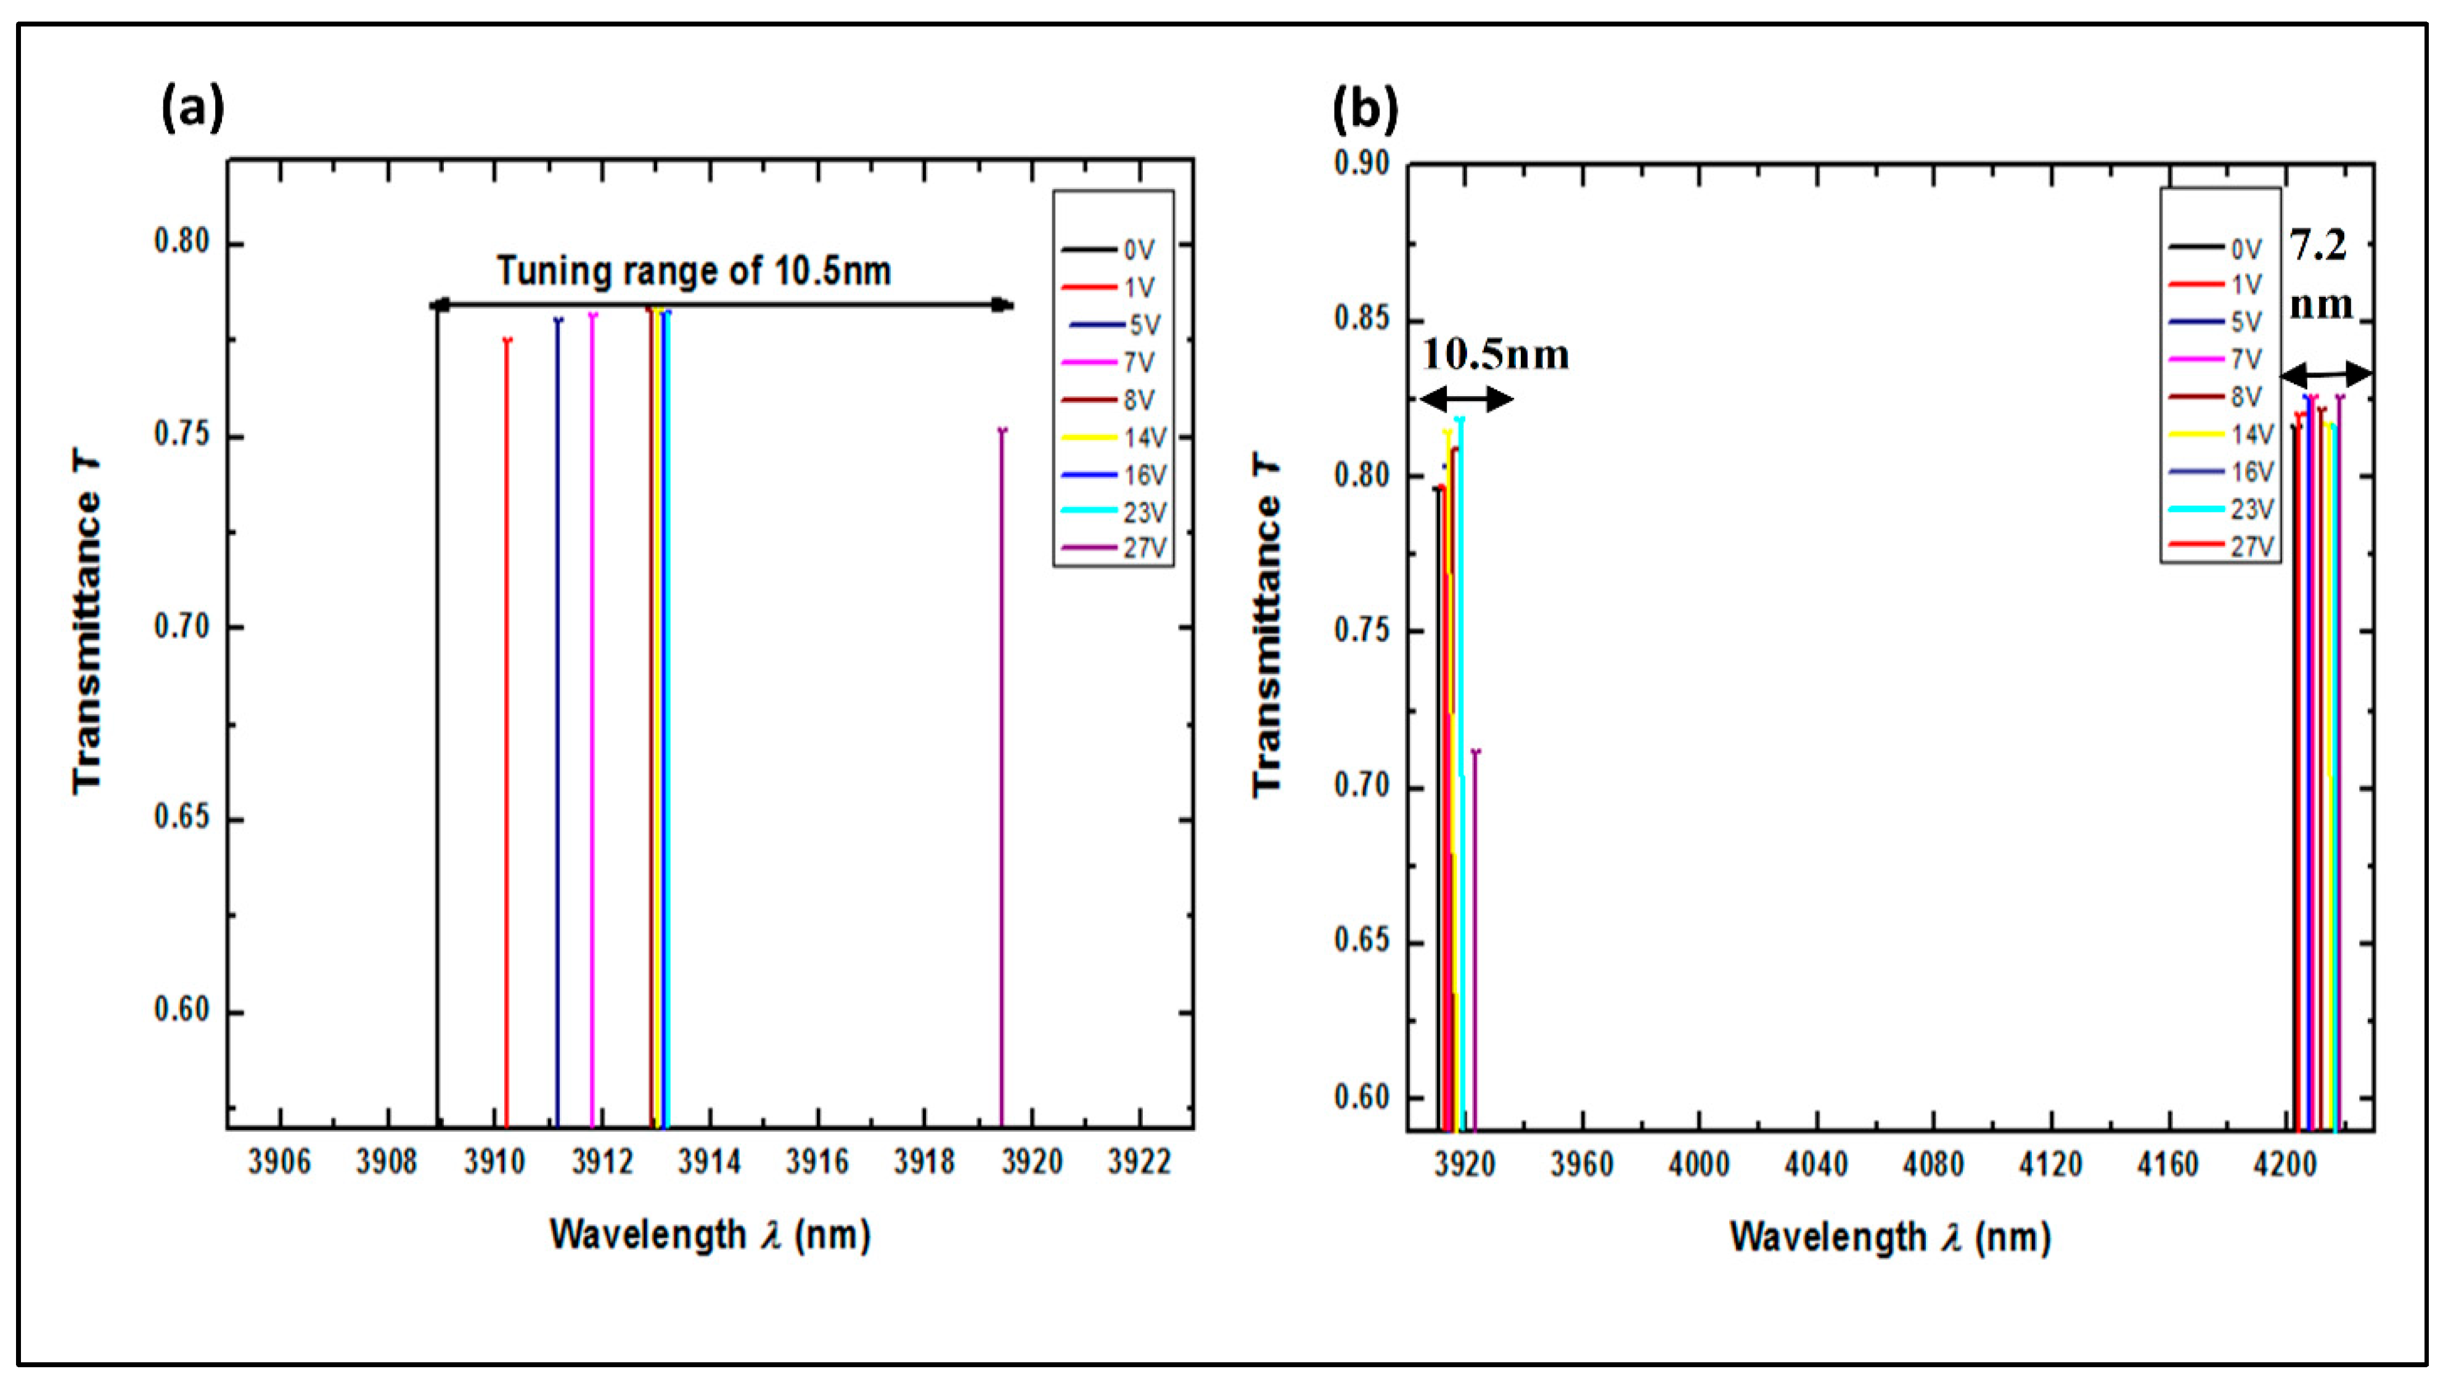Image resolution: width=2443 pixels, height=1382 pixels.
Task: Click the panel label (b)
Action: tap(1365, 110)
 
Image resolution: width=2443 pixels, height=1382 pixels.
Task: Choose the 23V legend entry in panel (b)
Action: tap(2222, 510)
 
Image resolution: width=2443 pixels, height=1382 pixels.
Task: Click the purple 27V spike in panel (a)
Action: tap(1002, 759)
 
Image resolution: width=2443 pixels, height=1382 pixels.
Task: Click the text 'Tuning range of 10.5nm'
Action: tap(694, 272)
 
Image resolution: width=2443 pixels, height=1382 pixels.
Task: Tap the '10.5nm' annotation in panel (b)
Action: tap(1496, 355)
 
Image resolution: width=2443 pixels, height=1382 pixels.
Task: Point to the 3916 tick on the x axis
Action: tap(817, 1163)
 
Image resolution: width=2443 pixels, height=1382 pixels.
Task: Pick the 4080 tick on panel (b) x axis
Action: tap(1933, 1165)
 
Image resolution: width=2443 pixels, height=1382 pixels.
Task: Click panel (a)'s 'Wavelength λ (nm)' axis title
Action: tap(710, 1236)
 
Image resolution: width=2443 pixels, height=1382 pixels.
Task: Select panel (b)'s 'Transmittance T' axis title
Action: tap(1267, 627)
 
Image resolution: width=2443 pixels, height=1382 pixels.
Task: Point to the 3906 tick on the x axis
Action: tap(279, 1163)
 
